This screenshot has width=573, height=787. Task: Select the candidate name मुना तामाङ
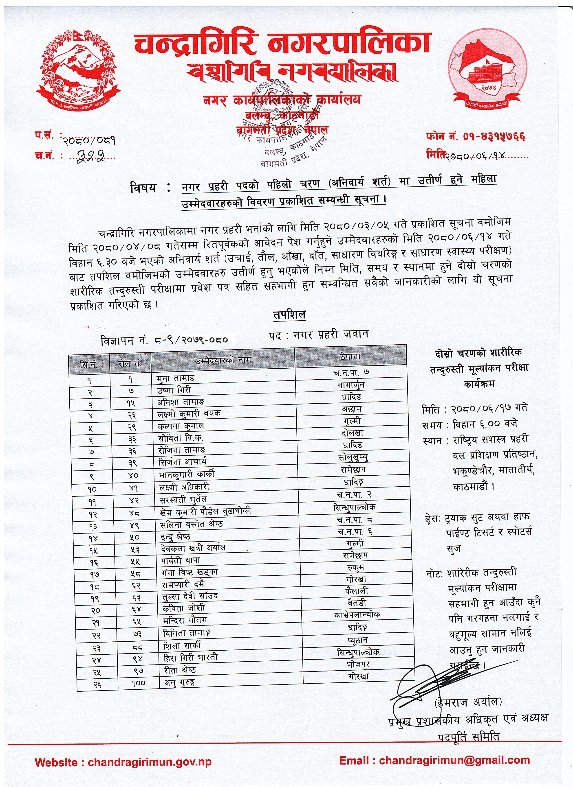[176, 378]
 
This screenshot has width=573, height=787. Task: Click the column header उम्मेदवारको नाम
[223, 360]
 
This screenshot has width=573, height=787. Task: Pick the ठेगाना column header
[350, 356]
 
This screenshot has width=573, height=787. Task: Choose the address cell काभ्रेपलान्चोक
[357, 614]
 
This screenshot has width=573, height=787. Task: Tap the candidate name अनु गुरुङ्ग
[180, 682]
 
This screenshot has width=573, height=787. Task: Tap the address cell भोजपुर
[358, 665]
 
